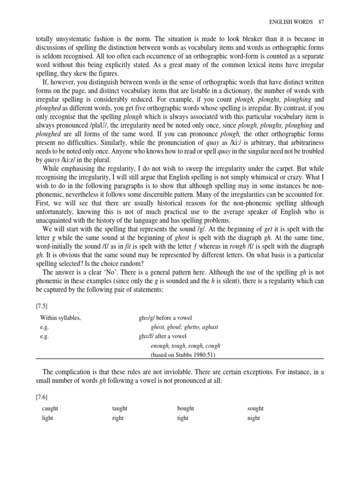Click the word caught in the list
[50, 408]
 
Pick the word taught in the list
[120, 408]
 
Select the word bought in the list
[186, 408]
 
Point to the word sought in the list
[255, 408]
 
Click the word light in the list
[47, 418]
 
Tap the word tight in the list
[183, 418]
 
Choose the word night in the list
[254, 418]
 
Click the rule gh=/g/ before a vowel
[165, 317]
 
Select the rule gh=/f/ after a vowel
[163, 336]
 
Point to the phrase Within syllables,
[61, 317]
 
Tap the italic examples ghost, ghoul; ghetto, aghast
[185, 327]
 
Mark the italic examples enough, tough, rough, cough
[186, 345]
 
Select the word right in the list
[118, 418]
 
